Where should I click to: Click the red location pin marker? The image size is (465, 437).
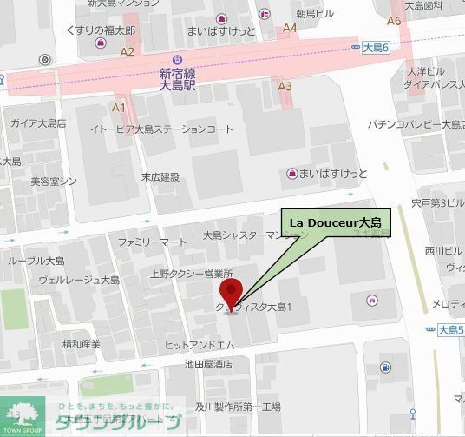pyautogui.click(x=230, y=294)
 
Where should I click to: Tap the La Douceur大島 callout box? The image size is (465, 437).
pyautogui.click(x=337, y=223)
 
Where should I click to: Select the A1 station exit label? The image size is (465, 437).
pyautogui.click(x=119, y=108)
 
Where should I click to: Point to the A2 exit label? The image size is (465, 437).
pyautogui.click(x=128, y=51)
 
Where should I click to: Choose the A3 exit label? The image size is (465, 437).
pyautogui.click(x=285, y=86)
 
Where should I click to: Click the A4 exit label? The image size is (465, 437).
pyautogui.click(x=290, y=28)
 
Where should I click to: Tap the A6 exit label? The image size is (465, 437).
pyautogui.click(x=394, y=21)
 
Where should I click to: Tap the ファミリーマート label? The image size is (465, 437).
pyautogui.click(x=152, y=241)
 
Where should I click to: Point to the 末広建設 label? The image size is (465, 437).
pyautogui.click(x=160, y=177)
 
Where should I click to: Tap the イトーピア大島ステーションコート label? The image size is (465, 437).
pyautogui.click(x=162, y=129)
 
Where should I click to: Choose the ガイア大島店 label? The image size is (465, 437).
pyautogui.click(x=38, y=122)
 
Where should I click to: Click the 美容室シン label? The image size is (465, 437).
pyautogui.click(x=54, y=181)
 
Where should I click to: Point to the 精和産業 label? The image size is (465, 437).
pyautogui.click(x=82, y=344)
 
